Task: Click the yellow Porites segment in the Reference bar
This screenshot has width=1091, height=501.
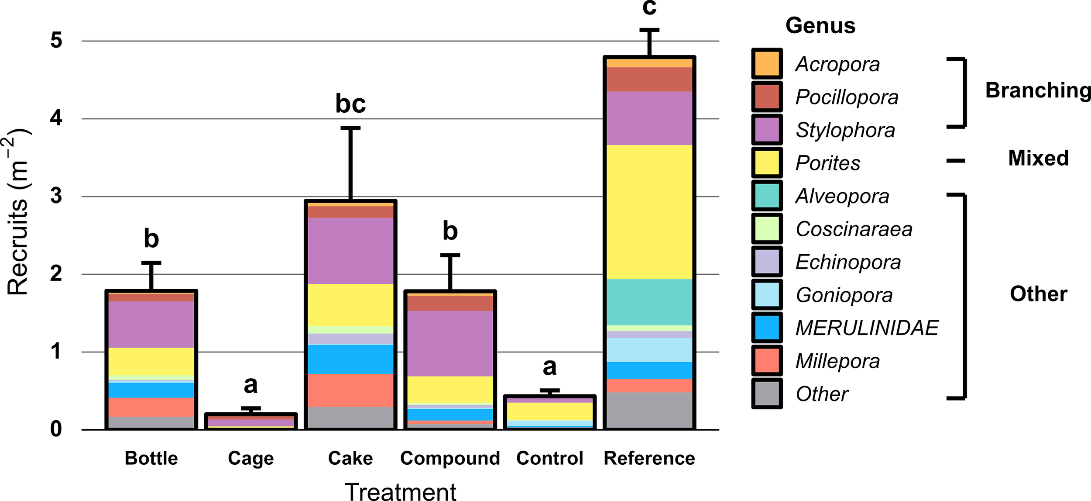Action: pos(649,212)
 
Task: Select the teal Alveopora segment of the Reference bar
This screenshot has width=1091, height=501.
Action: pos(649,302)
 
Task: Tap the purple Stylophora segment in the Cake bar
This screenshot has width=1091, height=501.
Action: pos(350,251)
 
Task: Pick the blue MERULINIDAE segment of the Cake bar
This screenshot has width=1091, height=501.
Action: pos(350,359)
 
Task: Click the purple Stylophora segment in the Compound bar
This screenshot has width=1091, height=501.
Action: pos(450,343)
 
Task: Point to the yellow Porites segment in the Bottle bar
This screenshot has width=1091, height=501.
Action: pos(151,361)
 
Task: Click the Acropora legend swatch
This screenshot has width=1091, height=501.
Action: pos(767,64)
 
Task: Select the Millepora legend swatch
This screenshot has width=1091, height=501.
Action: pos(767,361)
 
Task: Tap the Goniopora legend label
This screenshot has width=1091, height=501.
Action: pos(844,295)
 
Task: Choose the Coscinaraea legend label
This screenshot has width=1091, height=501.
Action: pos(854,229)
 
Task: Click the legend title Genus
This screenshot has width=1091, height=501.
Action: pos(820,26)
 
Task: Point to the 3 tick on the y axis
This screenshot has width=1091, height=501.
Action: pos(56,196)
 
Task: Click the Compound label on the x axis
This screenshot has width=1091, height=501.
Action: pos(450,458)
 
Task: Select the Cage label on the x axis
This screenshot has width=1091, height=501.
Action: pos(251,458)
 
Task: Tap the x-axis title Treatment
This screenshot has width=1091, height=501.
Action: pos(400,491)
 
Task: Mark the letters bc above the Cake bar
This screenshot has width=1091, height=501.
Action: pos(350,104)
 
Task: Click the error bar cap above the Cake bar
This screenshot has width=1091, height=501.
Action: pos(350,128)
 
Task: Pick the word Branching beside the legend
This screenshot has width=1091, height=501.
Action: pos(1038,91)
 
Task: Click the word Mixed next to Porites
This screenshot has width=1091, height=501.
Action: pos(1038,158)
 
